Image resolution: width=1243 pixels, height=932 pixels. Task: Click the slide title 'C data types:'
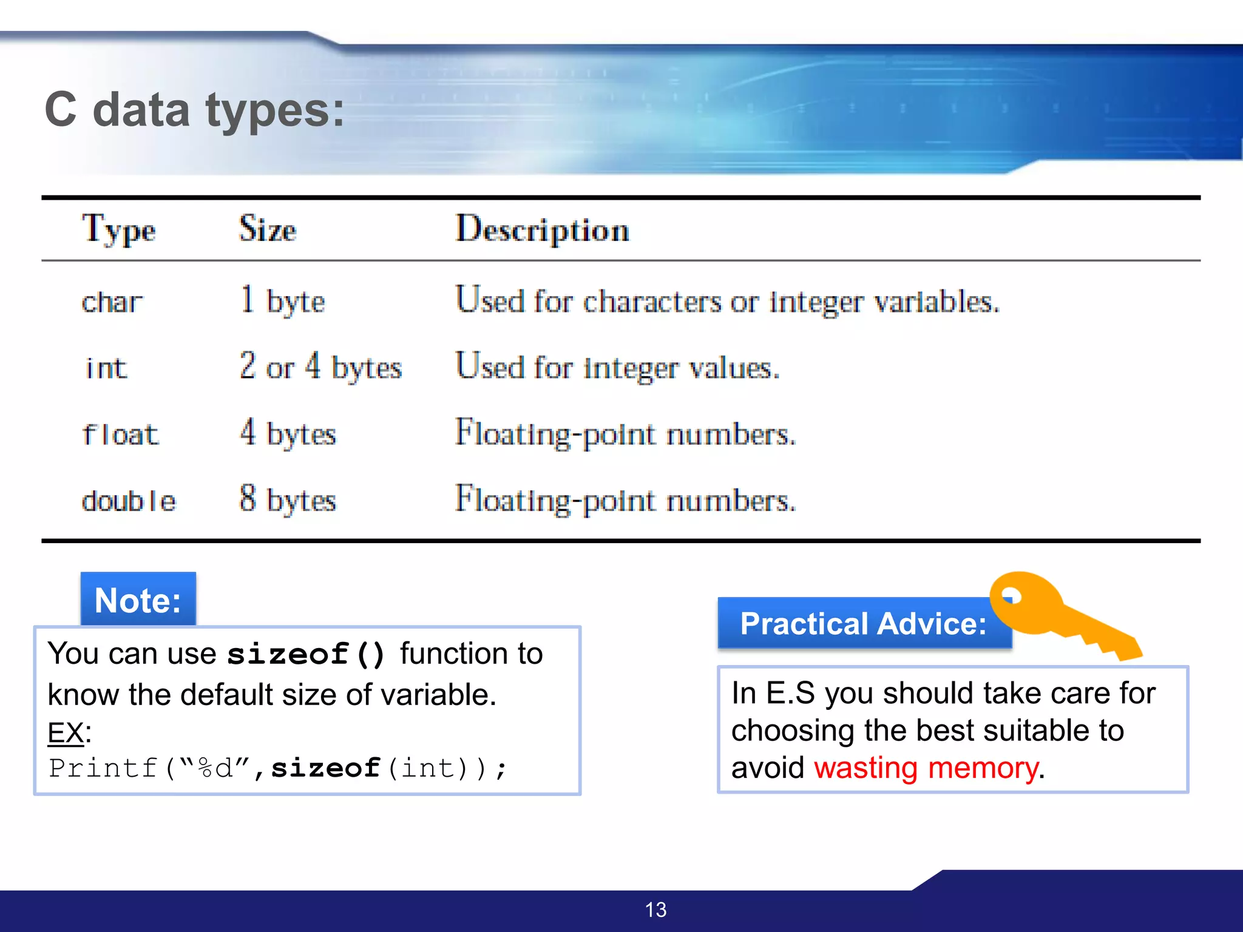194,110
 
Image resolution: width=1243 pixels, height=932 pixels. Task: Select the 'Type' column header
119,230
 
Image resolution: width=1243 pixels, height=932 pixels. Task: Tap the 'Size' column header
267,229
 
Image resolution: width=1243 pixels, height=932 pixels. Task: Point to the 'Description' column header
542,230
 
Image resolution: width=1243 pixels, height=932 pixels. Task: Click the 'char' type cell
112,302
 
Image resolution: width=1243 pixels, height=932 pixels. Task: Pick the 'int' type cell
106,368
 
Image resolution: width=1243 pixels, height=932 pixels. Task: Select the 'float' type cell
120,434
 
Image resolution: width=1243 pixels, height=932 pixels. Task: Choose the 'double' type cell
129,501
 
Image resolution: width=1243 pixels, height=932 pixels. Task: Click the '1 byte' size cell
282,301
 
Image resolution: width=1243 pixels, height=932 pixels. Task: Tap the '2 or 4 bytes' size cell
320,367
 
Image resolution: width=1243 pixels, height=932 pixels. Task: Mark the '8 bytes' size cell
287,500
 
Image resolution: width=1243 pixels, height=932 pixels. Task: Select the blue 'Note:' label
138,599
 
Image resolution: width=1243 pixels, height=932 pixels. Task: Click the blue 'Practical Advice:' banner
863,624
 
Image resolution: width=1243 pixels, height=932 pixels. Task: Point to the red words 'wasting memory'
926,768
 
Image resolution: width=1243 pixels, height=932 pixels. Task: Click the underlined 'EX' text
66,733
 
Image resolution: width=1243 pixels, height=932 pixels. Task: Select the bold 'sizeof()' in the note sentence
306,654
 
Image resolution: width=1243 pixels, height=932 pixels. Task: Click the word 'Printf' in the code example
103,768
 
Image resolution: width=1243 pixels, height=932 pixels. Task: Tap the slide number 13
655,910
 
